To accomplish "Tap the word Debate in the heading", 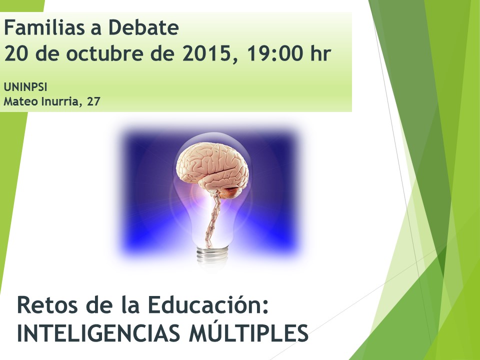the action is click(143, 27).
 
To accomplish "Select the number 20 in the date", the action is click(17, 53).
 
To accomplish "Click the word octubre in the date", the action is click(104, 53).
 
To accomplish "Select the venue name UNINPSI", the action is click(25, 87).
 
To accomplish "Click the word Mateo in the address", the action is click(20, 101).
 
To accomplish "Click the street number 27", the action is click(93, 101).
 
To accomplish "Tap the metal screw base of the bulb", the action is click(212, 254).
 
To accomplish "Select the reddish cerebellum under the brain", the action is click(229, 192).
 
